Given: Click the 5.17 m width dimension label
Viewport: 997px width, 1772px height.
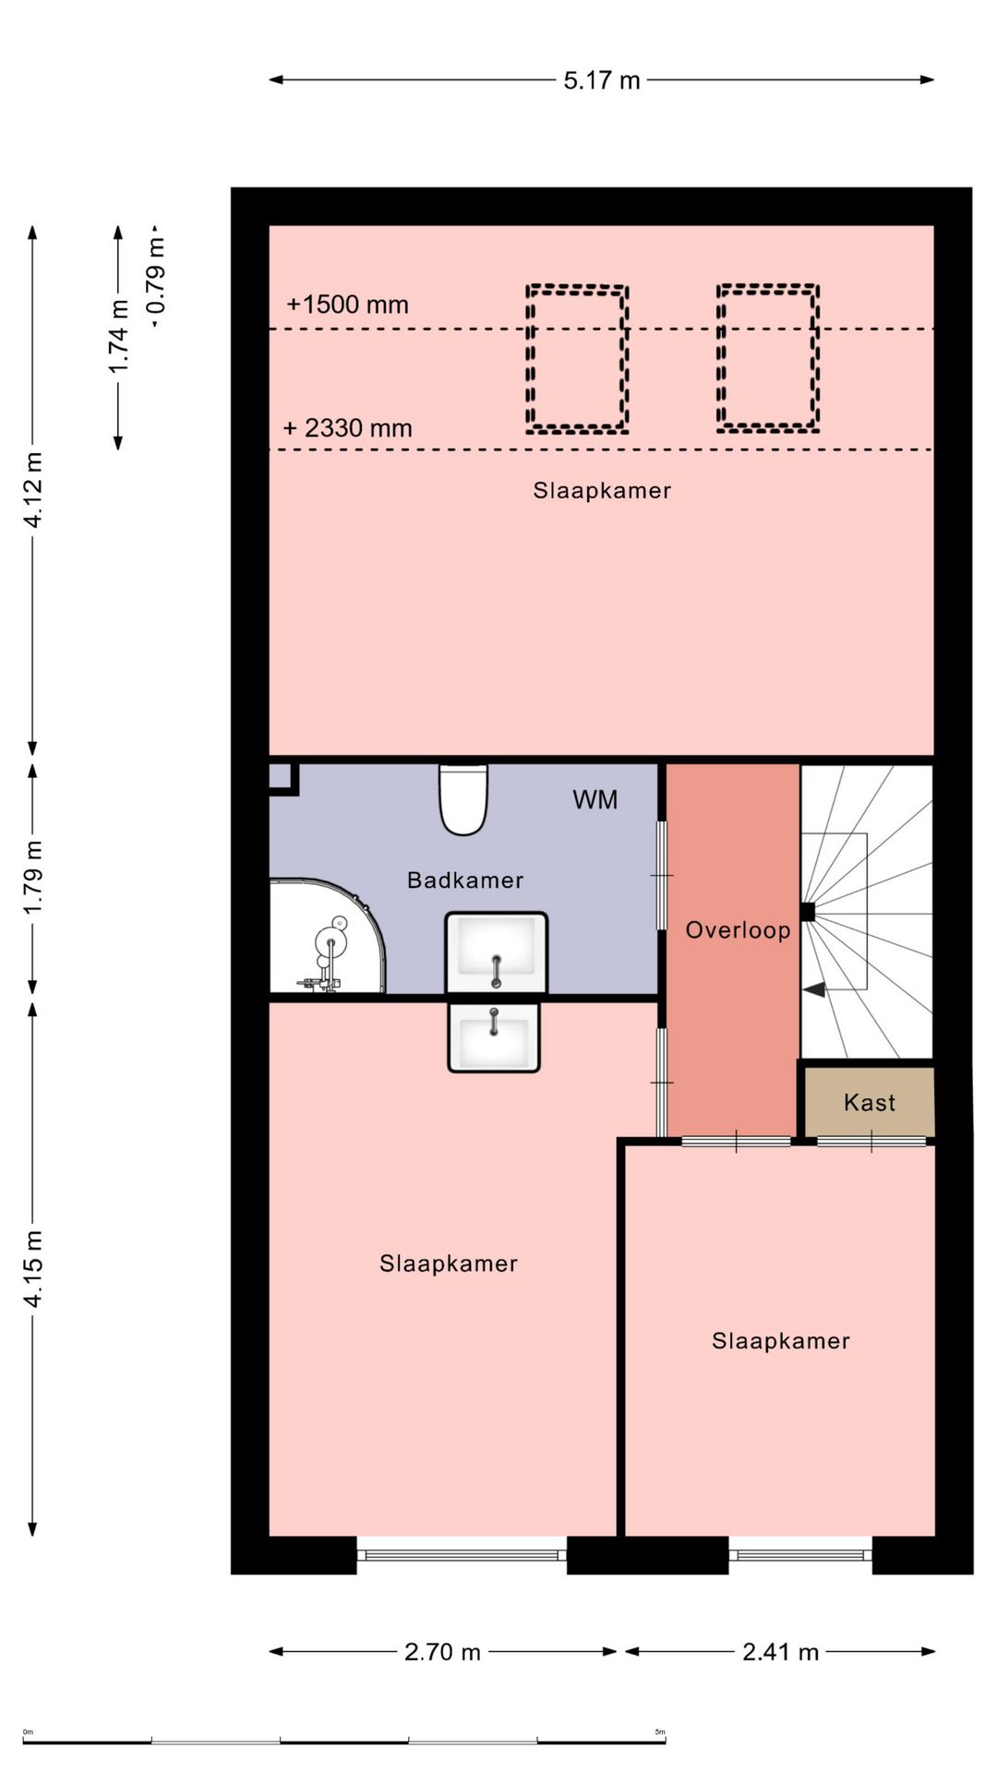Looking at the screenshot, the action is click(x=602, y=80).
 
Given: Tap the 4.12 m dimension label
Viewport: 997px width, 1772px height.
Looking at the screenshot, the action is click(x=33, y=490).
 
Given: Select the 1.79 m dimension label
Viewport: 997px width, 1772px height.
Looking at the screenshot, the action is click(x=33, y=877).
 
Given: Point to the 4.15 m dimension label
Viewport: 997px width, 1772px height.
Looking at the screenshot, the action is click(x=33, y=1268).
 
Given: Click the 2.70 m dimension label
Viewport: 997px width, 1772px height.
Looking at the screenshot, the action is click(x=442, y=1652).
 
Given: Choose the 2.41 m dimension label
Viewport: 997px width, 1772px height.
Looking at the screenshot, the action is click(x=781, y=1652).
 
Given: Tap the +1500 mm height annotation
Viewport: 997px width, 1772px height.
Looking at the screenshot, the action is click(x=347, y=305).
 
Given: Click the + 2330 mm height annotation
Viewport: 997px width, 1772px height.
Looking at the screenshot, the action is click(x=347, y=428).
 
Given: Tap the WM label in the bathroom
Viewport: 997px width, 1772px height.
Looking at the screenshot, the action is click(x=595, y=799).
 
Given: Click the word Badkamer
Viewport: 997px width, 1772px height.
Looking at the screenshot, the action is click(x=465, y=880).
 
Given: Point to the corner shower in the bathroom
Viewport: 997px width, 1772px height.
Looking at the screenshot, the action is click(x=327, y=936).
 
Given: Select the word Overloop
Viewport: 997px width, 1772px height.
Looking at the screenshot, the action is click(x=738, y=930).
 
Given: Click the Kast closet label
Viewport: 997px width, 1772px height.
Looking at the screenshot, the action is click(x=870, y=1102).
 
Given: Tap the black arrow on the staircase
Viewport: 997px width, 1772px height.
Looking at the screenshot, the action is click(x=813, y=989).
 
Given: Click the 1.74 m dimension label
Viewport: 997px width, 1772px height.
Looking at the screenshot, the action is click(x=118, y=337).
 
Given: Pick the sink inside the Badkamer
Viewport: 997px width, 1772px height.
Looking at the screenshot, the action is click(x=497, y=952).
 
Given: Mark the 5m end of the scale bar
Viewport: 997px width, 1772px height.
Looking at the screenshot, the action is click(x=665, y=1742).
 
